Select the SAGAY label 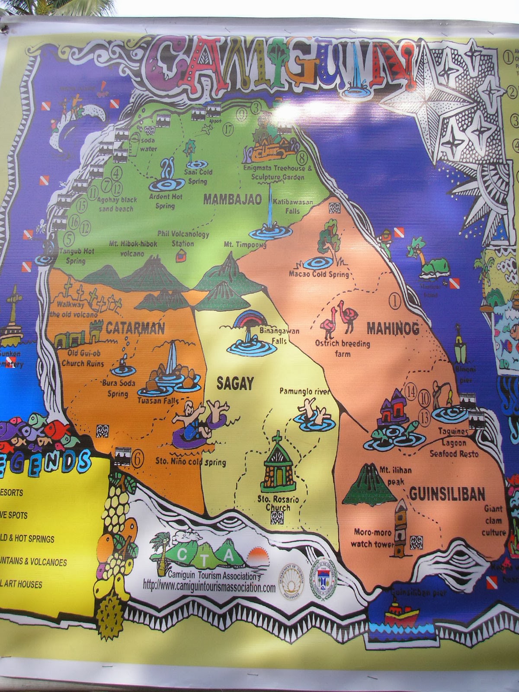(234, 383)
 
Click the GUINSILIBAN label (447, 493)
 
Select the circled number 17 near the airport (228, 128)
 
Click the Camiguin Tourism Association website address (209, 588)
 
